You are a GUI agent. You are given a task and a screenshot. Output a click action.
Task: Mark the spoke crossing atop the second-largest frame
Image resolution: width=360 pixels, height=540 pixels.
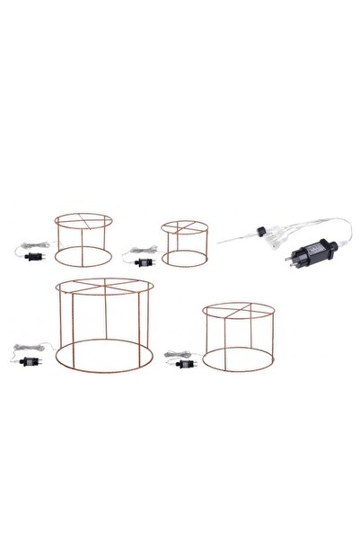[x=237, y=314]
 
